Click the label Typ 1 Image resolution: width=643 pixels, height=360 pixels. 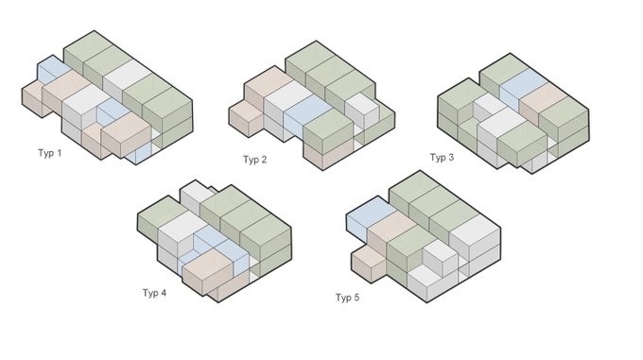[49, 153]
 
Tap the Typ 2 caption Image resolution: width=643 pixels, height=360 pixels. [254, 160]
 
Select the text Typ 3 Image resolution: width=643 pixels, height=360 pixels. [442, 157]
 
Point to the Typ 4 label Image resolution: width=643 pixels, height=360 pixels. [154, 293]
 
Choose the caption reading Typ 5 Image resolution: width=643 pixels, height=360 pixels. [347, 298]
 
